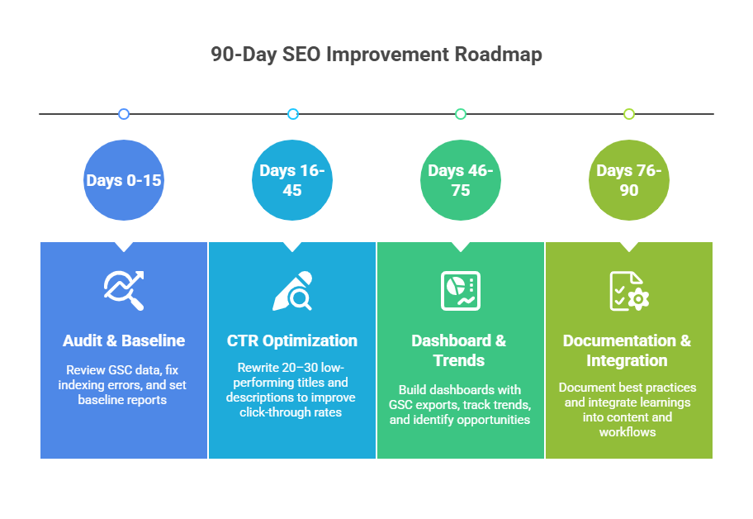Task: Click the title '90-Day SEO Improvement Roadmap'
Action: coord(376,55)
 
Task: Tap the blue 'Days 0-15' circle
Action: coord(124,180)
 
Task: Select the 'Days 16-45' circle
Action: coord(292,180)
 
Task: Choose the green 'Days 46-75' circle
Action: coord(461,180)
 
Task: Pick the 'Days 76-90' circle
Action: coord(629,180)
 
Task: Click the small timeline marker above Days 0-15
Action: coord(124,114)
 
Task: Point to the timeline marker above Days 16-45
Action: coord(292,114)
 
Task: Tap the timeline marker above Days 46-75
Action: coord(461,114)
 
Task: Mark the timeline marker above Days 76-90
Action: coord(629,114)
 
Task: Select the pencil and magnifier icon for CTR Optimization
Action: coord(292,291)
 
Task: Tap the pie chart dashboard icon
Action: coord(461,291)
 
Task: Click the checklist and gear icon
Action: coord(629,291)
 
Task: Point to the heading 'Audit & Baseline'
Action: coord(124,340)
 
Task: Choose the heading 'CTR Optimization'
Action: coord(292,340)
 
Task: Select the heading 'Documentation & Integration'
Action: coord(627,350)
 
